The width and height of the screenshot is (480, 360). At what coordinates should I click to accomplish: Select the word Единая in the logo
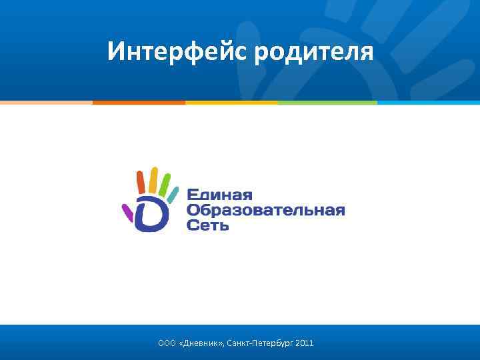[x=219, y=195]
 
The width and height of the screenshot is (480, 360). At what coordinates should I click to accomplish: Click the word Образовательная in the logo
[x=265, y=211]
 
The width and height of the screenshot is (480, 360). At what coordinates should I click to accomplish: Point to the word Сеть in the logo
[x=208, y=226]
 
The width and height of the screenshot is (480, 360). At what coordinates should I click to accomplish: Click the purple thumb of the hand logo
[x=127, y=213]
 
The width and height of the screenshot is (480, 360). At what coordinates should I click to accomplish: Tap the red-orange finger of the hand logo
[x=141, y=181]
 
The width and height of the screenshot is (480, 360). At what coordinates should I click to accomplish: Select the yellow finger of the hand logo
[x=153, y=177]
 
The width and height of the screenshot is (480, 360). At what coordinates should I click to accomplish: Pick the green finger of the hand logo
[x=164, y=183]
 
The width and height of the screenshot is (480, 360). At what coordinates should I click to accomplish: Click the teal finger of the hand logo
[x=173, y=194]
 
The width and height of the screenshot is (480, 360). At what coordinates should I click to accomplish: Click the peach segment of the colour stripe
[x=46, y=103]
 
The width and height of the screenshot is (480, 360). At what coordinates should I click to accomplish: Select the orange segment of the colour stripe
[x=139, y=103]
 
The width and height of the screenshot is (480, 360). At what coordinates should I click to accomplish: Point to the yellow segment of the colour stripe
[x=231, y=103]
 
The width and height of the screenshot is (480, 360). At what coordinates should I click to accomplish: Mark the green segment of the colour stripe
[x=327, y=103]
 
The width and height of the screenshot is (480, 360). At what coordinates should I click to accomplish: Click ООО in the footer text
[x=167, y=343]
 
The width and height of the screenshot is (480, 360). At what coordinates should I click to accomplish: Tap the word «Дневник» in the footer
[x=201, y=343]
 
